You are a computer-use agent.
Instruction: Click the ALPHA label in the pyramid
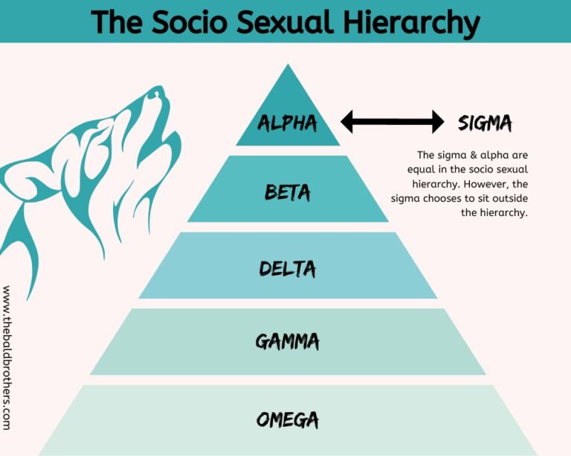pos(287,123)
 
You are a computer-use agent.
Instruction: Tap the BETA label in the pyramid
pos(288,193)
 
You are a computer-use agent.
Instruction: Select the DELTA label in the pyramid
pos(288,268)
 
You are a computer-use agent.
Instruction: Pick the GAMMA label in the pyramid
pos(288,342)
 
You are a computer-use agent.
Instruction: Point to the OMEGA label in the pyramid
pos(288,420)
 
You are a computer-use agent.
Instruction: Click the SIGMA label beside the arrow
pos(485,123)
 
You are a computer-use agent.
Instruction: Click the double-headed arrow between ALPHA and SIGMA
pos(392,121)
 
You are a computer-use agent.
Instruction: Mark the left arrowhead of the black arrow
pos(347,121)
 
